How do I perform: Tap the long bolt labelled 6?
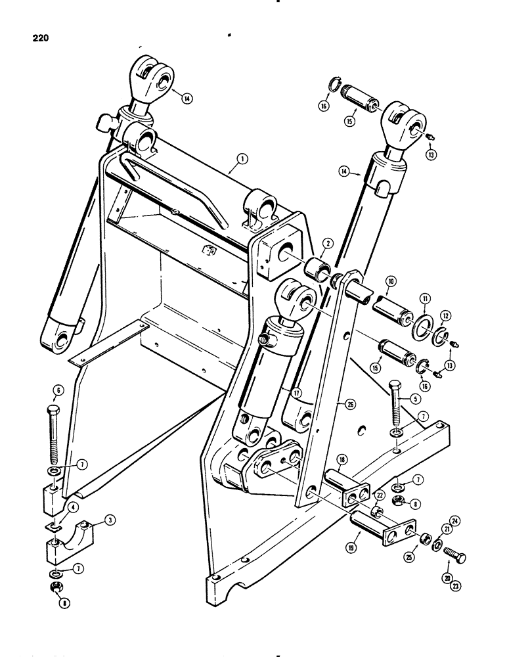(x=53, y=434)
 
